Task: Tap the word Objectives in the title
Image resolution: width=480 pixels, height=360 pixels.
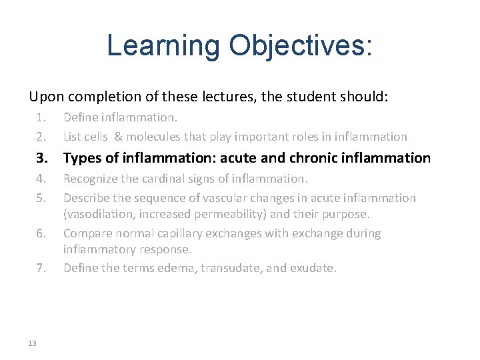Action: click(x=299, y=45)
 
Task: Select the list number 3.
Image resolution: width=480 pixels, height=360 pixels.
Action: click(x=41, y=158)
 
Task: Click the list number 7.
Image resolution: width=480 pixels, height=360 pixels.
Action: click(x=41, y=268)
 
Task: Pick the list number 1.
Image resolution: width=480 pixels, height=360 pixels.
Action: click(x=41, y=117)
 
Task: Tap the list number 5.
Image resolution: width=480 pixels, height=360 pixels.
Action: click(x=41, y=198)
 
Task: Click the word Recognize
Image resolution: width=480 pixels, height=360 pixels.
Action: click(x=90, y=179)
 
